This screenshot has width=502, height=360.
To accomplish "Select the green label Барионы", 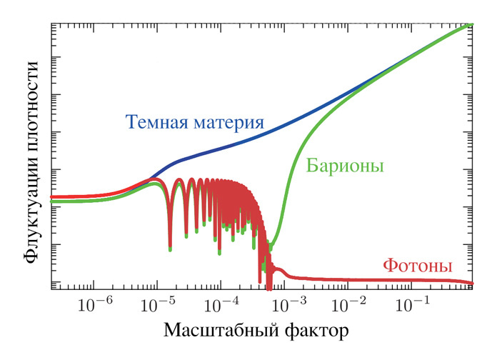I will [346, 166].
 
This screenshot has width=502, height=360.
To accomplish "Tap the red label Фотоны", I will [418, 266].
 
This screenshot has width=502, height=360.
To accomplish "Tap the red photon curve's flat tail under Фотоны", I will [418, 280].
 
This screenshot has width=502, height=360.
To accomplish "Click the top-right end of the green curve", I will [471, 24].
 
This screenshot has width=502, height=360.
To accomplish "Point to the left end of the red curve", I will [54, 196].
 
